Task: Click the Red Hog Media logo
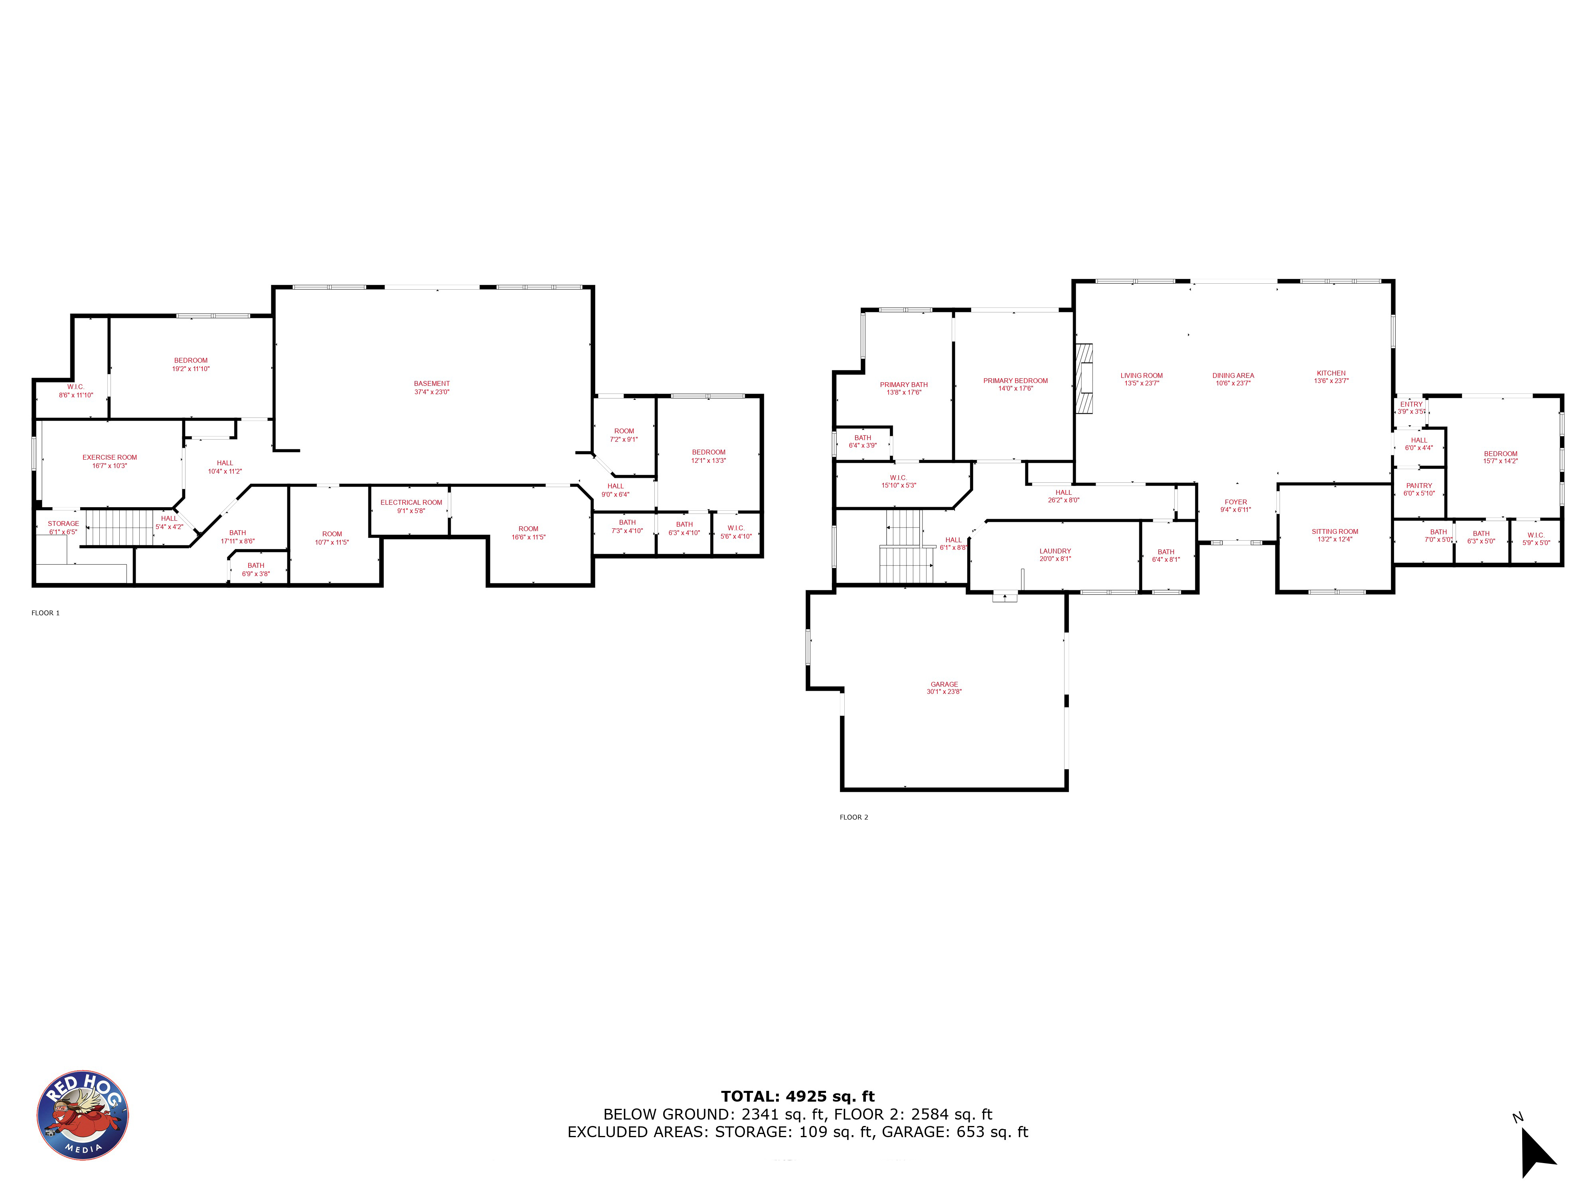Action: (x=83, y=1115)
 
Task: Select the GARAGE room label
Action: (x=944, y=684)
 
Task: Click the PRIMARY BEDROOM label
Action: (x=1015, y=380)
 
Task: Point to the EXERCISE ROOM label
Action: (x=110, y=457)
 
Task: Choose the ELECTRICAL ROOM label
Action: (x=411, y=502)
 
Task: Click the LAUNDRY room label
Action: (x=1055, y=551)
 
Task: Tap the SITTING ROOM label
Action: (x=1335, y=531)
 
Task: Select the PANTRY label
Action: (x=1418, y=486)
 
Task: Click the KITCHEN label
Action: (x=1331, y=373)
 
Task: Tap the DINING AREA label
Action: (x=1233, y=375)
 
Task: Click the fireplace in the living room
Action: (x=1084, y=378)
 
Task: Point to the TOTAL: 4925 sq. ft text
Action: (x=797, y=1097)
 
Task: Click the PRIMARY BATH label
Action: (x=903, y=385)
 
